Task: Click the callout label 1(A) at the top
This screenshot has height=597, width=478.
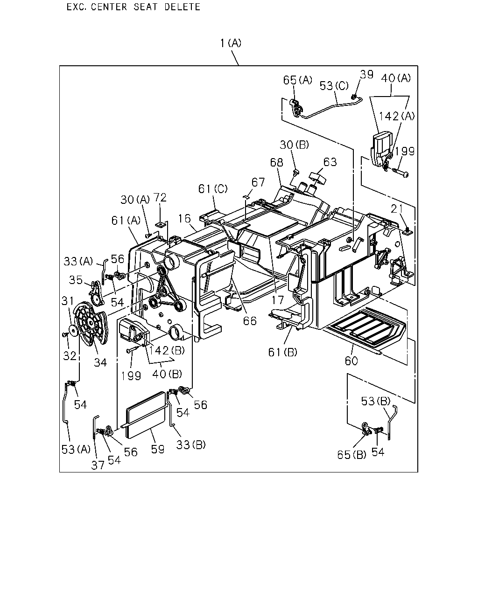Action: pos(231,43)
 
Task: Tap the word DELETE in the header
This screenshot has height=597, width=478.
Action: pos(182,7)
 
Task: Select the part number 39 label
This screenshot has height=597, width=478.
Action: pos(366,74)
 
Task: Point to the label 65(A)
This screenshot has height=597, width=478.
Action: pos(297,80)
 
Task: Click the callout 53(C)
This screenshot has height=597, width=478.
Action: pos(334,86)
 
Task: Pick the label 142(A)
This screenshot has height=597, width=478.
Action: pos(397,116)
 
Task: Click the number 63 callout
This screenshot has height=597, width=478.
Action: pos(330,162)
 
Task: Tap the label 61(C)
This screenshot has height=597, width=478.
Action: pos(213,189)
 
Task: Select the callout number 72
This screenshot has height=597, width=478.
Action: pos(160,197)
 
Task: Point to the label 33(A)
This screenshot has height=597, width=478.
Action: pos(78,261)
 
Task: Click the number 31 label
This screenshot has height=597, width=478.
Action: pos(68,301)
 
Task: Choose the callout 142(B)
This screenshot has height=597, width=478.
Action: pos(167,350)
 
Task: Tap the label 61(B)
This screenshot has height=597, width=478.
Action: pos(283,352)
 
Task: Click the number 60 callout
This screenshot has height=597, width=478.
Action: pos(351,361)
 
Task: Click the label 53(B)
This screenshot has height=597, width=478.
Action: pos(375,401)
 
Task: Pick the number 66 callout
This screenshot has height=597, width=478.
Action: pos(250,321)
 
